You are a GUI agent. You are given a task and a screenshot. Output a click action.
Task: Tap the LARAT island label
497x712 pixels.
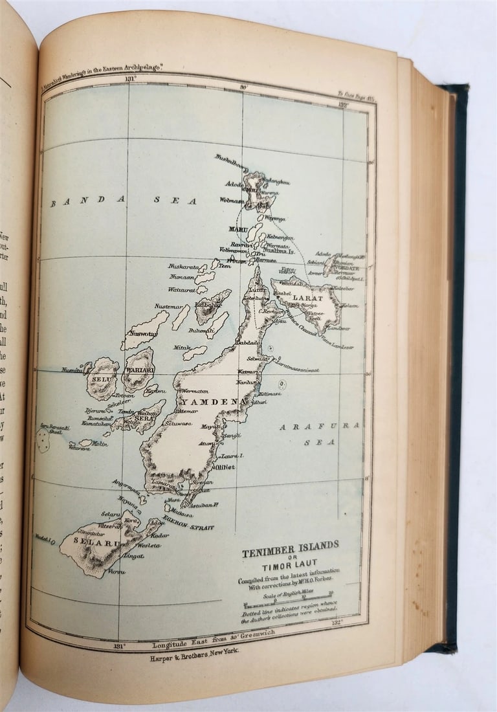(307, 298)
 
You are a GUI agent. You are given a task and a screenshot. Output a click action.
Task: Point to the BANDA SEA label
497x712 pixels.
(124, 201)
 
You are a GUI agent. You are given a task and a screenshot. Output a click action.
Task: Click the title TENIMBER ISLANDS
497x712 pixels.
(290, 545)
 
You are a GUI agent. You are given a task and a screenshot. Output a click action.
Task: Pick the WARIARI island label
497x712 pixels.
(139, 370)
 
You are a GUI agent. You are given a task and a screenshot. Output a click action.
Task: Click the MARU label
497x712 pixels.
(238, 229)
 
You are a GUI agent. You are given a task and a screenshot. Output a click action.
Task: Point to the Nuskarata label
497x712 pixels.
(184, 266)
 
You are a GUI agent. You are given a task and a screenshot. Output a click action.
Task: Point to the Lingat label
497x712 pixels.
(134, 555)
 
